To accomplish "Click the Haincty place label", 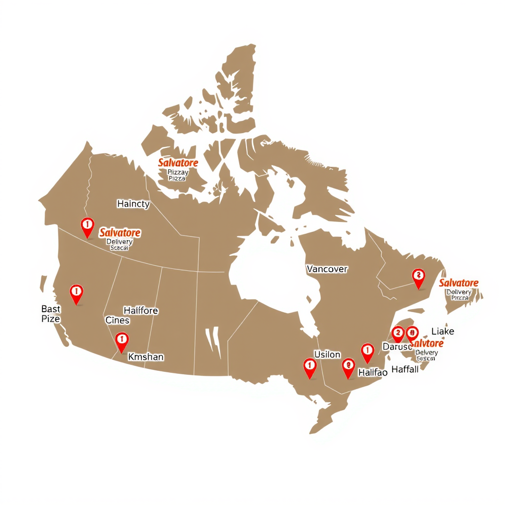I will [x=133, y=204].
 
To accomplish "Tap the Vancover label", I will [x=327, y=269].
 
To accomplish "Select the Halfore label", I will [x=141, y=311].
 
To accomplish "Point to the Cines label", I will [x=117, y=321].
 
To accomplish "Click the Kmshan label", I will [x=146, y=357].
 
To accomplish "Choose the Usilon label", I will [x=327, y=355].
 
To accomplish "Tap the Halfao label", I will [x=372, y=373].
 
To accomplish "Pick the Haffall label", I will [x=405, y=369].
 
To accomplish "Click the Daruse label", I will [x=397, y=347].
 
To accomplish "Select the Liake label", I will [x=442, y=331].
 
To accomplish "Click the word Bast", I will [x=51, y=309].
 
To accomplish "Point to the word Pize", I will [x=50, y=319].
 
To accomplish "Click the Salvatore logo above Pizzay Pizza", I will [x=178, y=163].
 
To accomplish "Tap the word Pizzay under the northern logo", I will [x=178, y=172].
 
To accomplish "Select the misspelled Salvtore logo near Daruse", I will [x=427, y=343].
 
